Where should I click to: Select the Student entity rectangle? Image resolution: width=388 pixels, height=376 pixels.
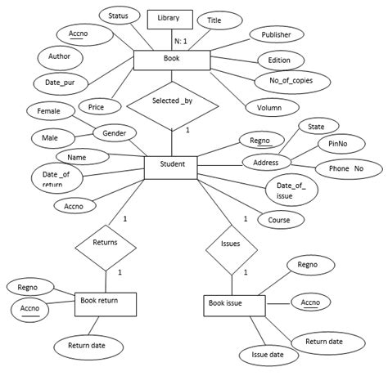coord(171,166)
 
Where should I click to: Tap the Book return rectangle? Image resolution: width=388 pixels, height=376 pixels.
coord(105,303)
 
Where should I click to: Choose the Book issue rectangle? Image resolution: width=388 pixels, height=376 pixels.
coord(233,306)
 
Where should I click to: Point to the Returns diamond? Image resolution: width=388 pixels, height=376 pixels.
coord(105,243)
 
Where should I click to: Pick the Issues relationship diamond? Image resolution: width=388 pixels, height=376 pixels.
coord(230,244)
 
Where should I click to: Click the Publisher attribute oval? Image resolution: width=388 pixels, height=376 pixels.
coord(276,36)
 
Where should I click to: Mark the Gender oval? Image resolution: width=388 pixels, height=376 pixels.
coord(114,133)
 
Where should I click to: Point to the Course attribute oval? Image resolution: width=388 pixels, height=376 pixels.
coord(280,220)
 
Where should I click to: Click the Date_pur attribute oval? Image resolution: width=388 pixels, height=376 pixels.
coord(59,83)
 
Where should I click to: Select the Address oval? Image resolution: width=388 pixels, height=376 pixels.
coord(267,162)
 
